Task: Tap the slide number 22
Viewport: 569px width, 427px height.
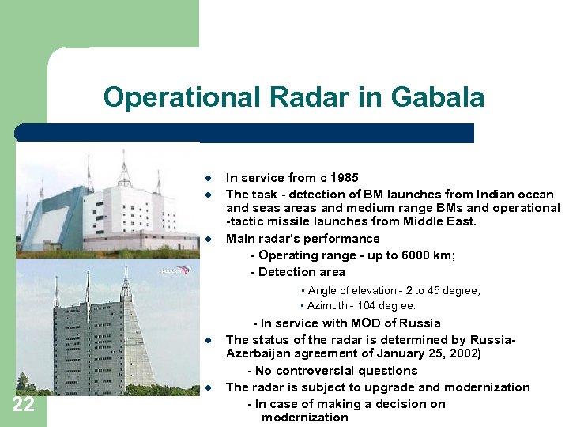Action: click(23, 406)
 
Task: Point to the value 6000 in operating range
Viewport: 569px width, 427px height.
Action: click(410, 255)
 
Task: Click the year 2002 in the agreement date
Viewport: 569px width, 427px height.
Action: click(462, 353)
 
